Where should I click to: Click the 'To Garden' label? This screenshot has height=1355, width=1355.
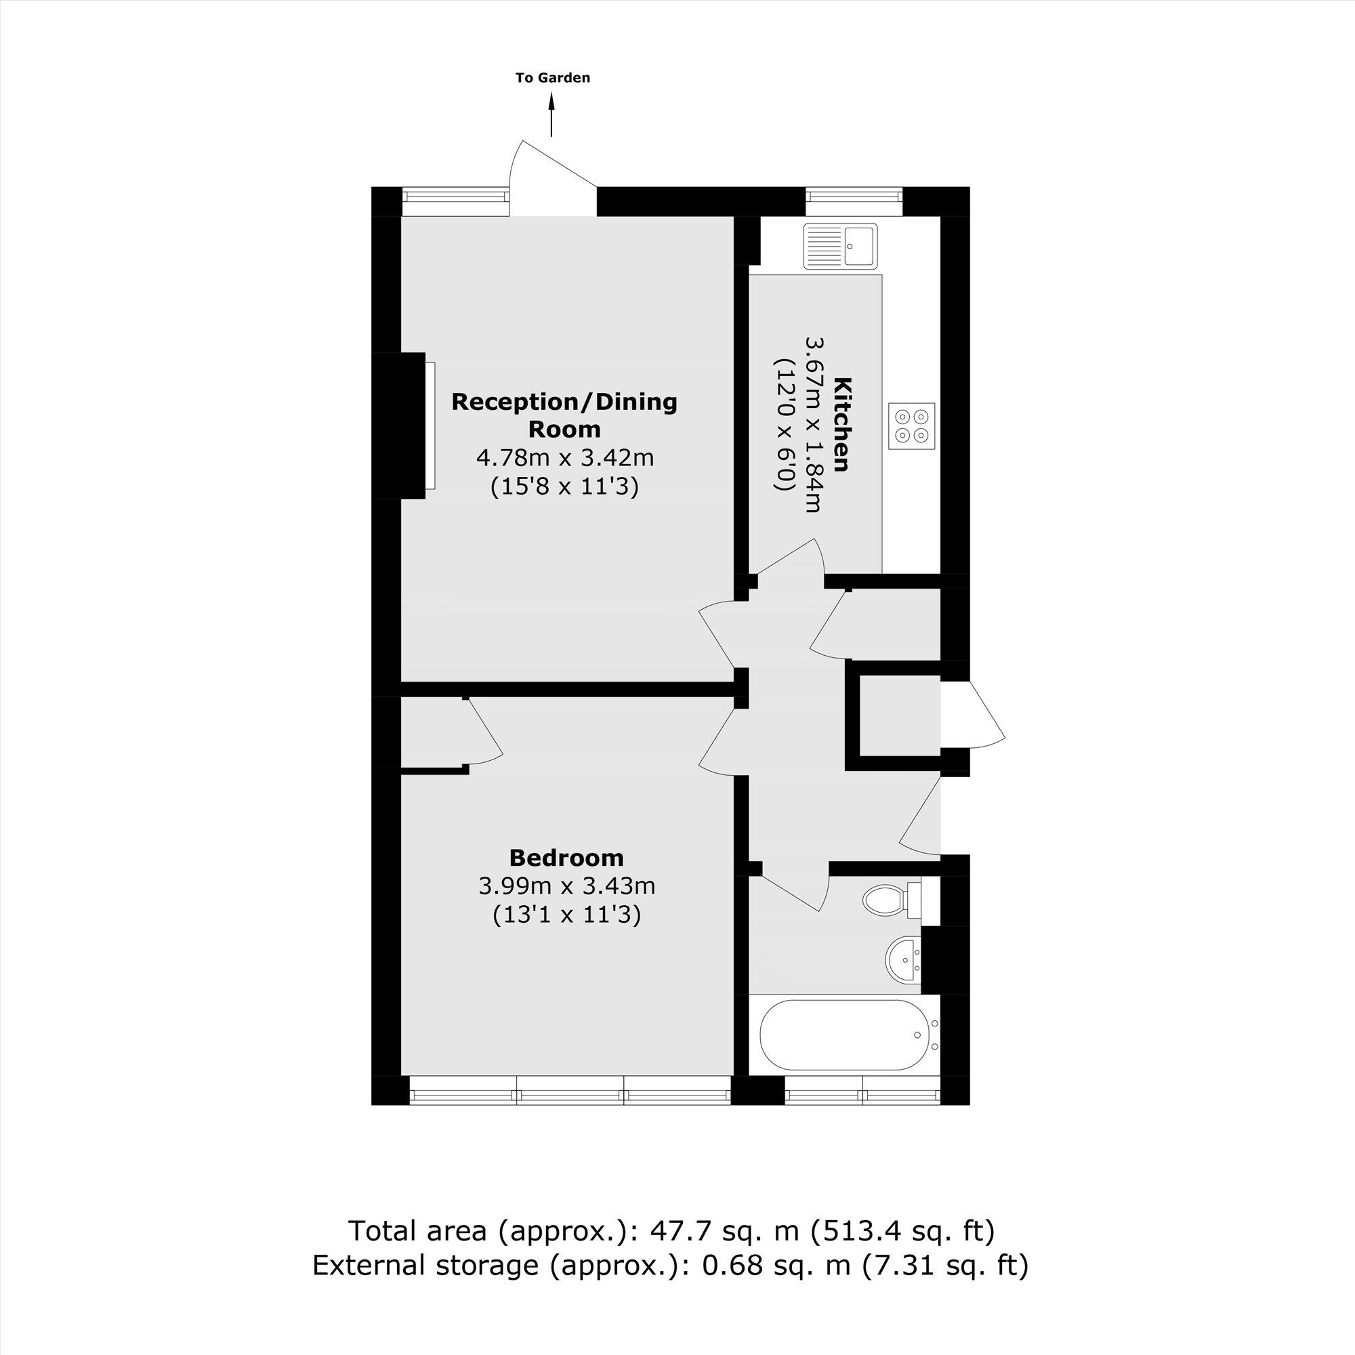coord(553,78)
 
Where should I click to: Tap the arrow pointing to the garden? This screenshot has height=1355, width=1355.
coord(551,116)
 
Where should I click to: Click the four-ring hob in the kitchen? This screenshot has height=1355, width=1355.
coord(912,425)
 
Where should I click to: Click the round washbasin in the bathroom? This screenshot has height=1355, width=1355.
coord(903,959)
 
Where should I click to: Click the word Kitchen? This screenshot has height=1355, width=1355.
coord(842,424)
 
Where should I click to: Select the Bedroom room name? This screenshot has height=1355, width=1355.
coord(566,858)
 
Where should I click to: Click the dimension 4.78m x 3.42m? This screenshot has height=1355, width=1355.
coord(564,458)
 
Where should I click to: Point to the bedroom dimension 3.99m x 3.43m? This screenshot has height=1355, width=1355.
coord(566,885)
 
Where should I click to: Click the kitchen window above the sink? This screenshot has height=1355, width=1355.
coord(853,201)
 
